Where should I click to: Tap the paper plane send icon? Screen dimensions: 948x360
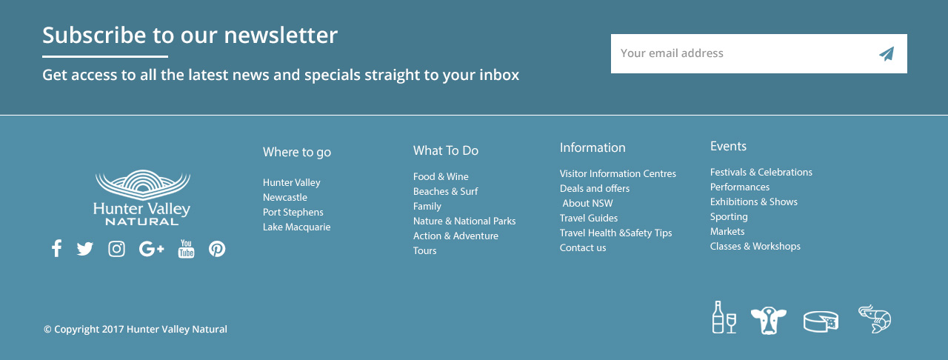(887, 54)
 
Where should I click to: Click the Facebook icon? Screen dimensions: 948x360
(56, 249)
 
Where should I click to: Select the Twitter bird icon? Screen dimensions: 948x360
(84, 249)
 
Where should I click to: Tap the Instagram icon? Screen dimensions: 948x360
(116, 249)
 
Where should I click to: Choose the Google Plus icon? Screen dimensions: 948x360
(151, 249)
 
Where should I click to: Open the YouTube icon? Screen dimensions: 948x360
(186, 249)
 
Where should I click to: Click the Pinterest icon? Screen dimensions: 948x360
(217, 249)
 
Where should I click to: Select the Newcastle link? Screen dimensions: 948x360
(285, 197)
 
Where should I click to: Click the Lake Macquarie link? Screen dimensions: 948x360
(297, 227)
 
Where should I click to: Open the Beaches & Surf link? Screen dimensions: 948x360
(445, 191)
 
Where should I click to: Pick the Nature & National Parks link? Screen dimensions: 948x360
(464, 221)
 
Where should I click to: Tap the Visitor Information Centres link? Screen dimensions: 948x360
(618, 173)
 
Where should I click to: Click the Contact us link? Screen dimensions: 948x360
(583, 247)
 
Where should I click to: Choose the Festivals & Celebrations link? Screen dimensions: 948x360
(761, 173)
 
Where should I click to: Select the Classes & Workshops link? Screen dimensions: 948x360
(755, 247)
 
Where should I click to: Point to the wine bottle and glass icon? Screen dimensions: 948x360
(724, 317)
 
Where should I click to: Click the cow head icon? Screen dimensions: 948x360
(769, 321)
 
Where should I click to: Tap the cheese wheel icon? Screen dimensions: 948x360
(821, 321)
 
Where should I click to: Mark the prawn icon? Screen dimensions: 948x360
(875, 319)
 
